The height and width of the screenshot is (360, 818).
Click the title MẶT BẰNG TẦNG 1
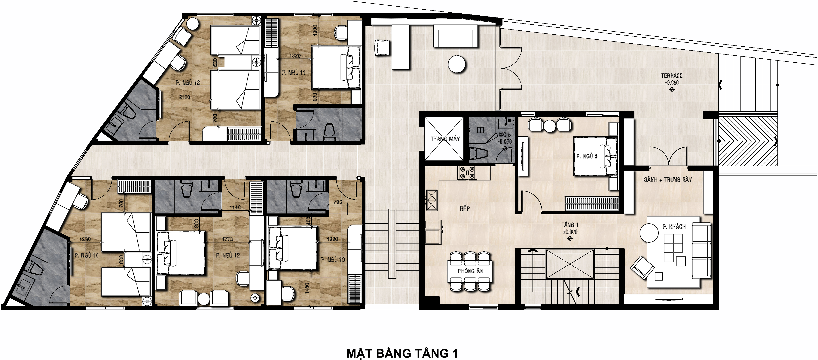[402, 353]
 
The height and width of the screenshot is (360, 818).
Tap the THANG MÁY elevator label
[445, 139]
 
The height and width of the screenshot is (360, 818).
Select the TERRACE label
[672, 76]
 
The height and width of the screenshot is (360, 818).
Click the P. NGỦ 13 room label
[188, 83]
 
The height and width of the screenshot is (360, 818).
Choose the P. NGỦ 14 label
[86, 255]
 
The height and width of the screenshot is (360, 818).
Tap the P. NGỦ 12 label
[228, 255]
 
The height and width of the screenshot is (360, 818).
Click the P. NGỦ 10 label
[333, 260]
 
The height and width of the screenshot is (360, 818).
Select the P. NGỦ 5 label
[587, 156]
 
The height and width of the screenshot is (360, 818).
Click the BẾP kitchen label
[465, 208]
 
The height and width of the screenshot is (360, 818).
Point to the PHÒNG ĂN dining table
[470, 271]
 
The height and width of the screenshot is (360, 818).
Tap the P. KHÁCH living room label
[674, 227]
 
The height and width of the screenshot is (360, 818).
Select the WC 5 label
[505, 135]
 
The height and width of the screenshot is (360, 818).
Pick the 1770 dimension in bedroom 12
[227, 239]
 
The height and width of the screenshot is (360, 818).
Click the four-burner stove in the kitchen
[467, 173]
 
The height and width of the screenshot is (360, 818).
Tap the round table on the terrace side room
[457, 64]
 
